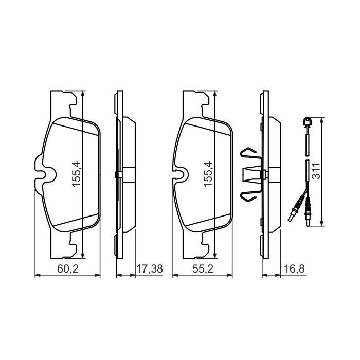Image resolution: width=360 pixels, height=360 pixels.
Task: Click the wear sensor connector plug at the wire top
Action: pos(307,122)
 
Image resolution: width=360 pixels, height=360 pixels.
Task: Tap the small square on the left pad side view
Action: pos(119,174)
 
